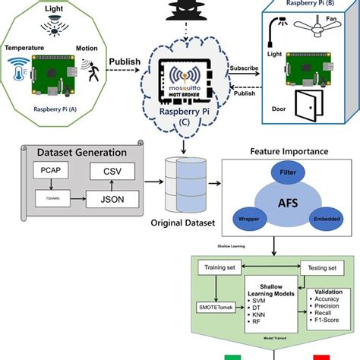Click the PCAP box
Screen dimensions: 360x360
coord(46,172)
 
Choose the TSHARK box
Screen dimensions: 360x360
coord(46,200)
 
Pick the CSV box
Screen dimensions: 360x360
coord(111,172)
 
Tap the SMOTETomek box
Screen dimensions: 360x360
coord(215,308)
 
